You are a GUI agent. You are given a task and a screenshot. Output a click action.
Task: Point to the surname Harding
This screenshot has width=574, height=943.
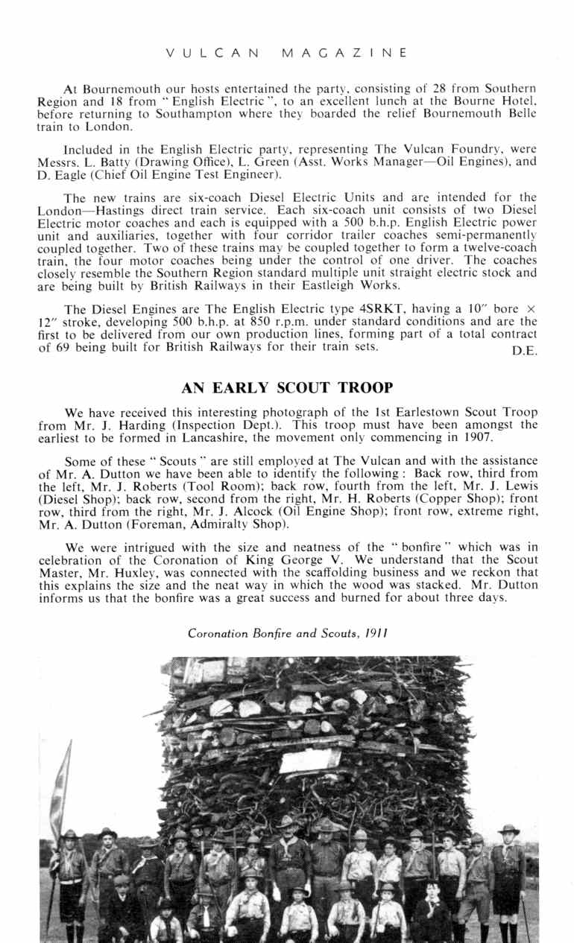[130, 425]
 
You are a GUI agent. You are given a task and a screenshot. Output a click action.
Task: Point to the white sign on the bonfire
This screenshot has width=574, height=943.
[311, 761]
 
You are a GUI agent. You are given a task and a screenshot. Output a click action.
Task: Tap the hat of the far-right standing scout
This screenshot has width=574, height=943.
[509, 829]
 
